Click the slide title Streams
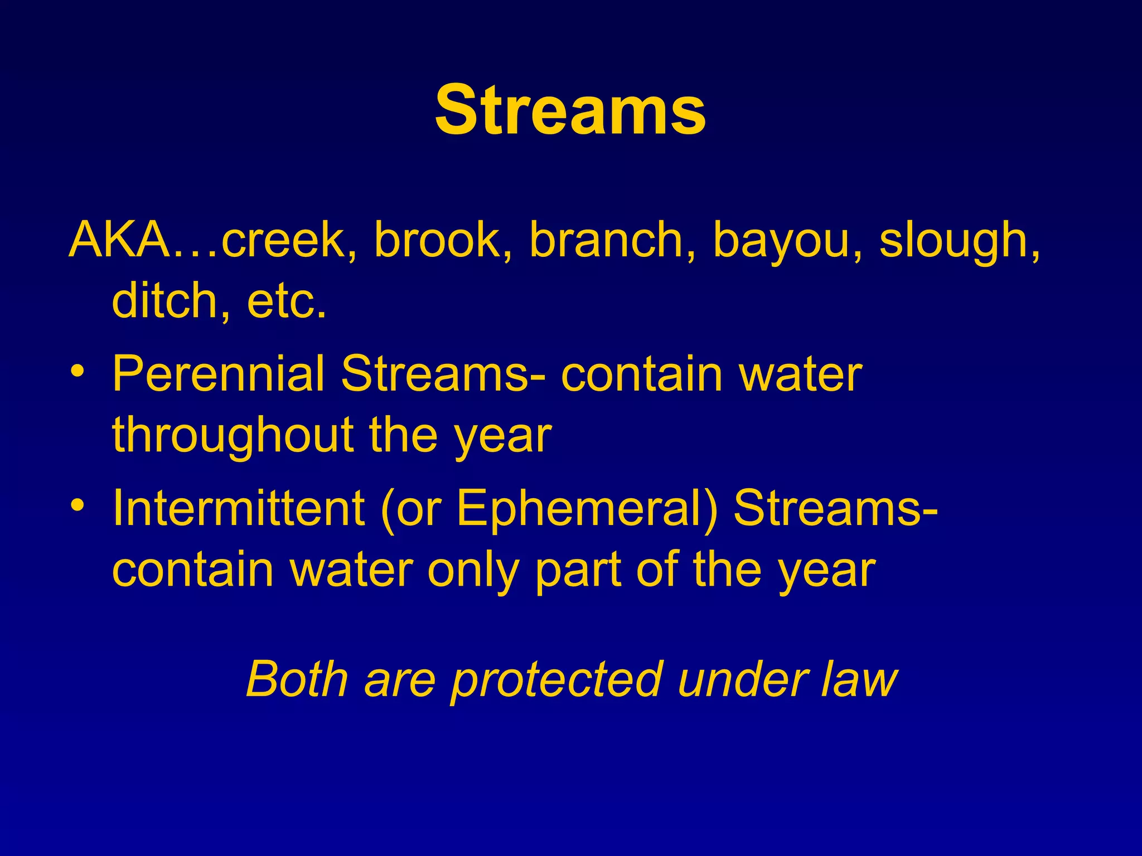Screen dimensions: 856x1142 (570, 110)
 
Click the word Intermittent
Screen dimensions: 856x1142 (238, 508)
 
